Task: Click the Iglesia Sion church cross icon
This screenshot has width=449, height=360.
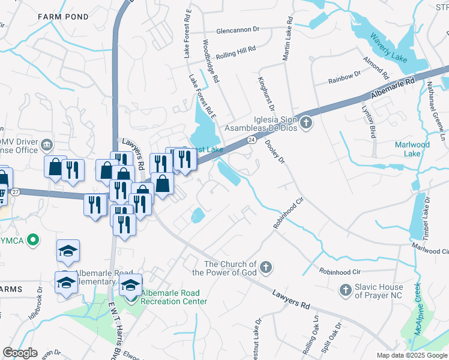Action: (306, 124)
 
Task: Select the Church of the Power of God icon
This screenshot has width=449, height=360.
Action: (267, 266)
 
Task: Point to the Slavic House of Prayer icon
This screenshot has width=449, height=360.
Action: (345, 290)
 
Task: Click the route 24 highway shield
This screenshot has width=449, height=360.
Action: (252, 140)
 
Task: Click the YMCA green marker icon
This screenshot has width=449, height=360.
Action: (34, 241)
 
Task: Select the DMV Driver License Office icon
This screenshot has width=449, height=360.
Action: (47, 145)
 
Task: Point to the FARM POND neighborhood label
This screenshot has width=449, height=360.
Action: (63, 16)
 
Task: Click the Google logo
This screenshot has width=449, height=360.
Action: (20, 352)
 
